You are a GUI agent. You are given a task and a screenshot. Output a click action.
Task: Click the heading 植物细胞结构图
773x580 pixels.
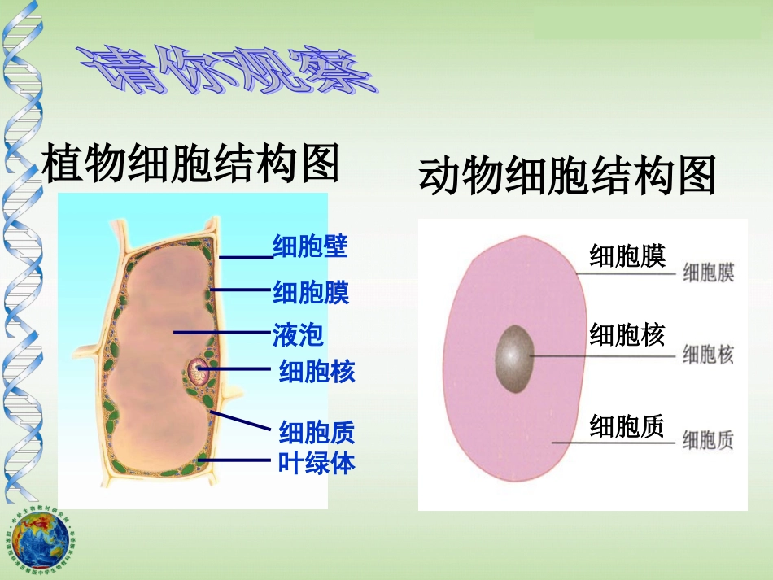(x=190, y=164)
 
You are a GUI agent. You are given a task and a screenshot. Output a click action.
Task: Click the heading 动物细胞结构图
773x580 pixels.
(x=567, y=176)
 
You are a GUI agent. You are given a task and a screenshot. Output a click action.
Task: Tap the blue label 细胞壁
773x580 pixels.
(x=310, y=246)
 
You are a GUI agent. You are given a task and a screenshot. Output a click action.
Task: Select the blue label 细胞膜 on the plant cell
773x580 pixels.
(x=311, y=291)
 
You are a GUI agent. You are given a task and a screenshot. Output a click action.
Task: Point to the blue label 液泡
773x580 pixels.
(x=298, y=334)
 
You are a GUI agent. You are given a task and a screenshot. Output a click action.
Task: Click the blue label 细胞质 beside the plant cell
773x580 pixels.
(x=317, y=431)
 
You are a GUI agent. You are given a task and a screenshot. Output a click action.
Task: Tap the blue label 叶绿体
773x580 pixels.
(x=317, y=462)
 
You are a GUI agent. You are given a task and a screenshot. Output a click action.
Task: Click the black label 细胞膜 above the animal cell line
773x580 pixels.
(x=627, y=255)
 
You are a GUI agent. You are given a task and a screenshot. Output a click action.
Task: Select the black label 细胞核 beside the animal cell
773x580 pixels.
(x=627, y=334)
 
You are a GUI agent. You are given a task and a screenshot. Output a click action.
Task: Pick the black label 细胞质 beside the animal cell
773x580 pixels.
(x=627, y=425)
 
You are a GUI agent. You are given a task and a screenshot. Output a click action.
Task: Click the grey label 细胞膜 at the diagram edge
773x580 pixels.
(x=708, y=273)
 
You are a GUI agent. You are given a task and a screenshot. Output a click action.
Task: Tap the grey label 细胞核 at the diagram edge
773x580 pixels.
(x=708, y=354)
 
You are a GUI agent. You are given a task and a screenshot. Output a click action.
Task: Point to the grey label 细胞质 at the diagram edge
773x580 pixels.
(x=708, y=440)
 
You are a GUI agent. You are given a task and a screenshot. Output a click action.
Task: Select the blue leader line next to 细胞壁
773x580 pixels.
(x=246, y=258)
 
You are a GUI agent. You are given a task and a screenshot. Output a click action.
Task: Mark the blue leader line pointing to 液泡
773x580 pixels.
(x=221, y=333)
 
